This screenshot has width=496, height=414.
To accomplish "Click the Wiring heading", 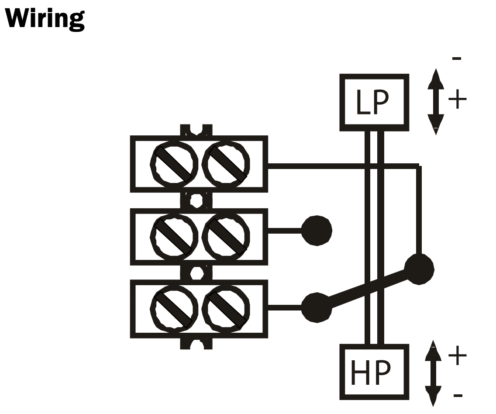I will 45,19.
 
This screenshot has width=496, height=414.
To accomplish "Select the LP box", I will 374,103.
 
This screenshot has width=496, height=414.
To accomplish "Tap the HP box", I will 374,372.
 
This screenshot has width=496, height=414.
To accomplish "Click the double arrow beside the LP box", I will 435,101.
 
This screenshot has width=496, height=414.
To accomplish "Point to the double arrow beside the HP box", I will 433,373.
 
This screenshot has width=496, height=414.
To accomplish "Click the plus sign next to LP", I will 457,100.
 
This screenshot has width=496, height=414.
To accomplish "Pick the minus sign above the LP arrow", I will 457,59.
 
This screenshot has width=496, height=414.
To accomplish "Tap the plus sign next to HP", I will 457,356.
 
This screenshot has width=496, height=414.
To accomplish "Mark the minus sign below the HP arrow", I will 458,396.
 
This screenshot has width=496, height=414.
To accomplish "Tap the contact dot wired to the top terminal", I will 419,269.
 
